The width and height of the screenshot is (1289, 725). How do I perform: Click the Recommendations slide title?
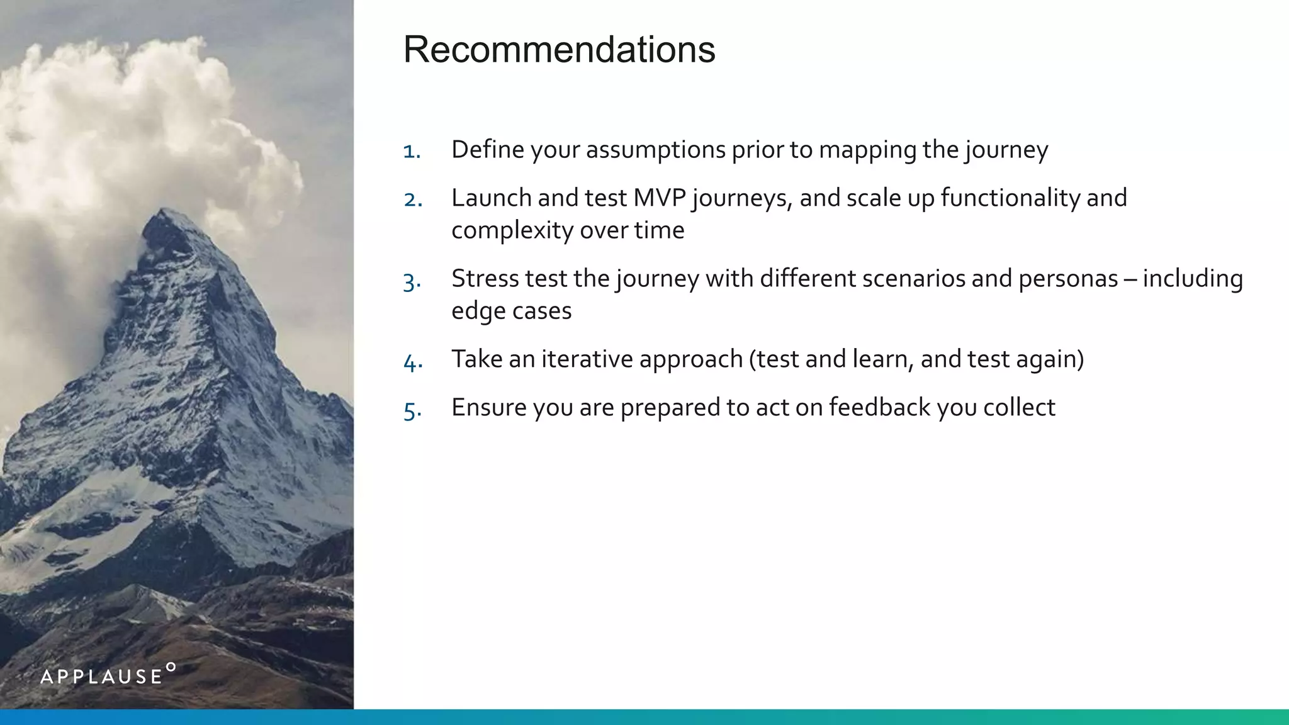point(559,49)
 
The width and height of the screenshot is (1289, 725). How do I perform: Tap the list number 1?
point(411,152)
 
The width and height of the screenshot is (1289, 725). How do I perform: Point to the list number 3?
point(412,281)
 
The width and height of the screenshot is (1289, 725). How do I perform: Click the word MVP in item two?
point(659,198)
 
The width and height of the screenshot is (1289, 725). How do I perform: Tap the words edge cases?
point(511,311)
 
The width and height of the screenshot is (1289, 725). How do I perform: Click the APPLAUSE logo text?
point(101,677)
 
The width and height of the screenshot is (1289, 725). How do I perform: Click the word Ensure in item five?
point(488,408)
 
